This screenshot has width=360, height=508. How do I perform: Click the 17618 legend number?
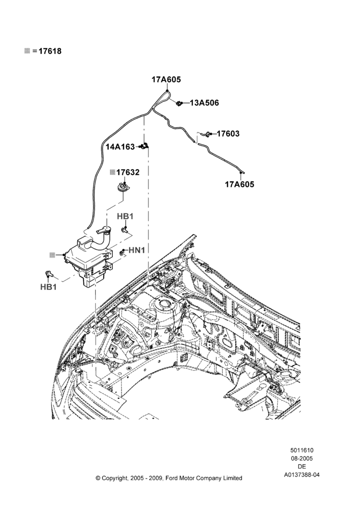tap(50, 51)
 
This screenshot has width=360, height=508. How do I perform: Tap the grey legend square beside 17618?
tap(27, 51)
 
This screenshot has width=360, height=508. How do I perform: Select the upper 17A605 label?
tap(166, 79)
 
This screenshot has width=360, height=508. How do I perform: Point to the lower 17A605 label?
tap(239, 184)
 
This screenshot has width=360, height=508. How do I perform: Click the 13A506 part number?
tap(204, 103)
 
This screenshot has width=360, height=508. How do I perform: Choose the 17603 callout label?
tap(228, 134)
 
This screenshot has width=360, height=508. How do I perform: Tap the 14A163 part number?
tap(120, 147)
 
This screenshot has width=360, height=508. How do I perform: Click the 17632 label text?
tap(128, 172)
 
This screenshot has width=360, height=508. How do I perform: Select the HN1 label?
tap(137, 250)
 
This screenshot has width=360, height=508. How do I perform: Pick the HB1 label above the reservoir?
tap(125, 216)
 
